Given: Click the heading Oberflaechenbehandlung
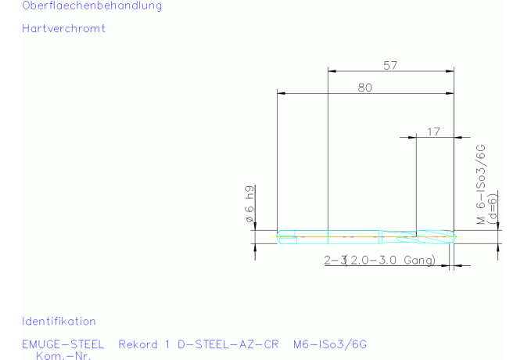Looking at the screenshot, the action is click(92, 5).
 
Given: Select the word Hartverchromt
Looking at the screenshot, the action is click(63, 28).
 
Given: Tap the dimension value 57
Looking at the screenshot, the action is click(390, 66).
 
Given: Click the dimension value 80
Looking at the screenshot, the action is click(365, 88).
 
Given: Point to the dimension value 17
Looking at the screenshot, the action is click(433, 131).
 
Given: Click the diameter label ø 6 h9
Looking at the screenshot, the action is click(249, 204).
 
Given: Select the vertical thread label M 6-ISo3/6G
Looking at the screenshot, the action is click(480, 184).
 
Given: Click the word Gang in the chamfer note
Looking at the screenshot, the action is click(419, 260).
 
